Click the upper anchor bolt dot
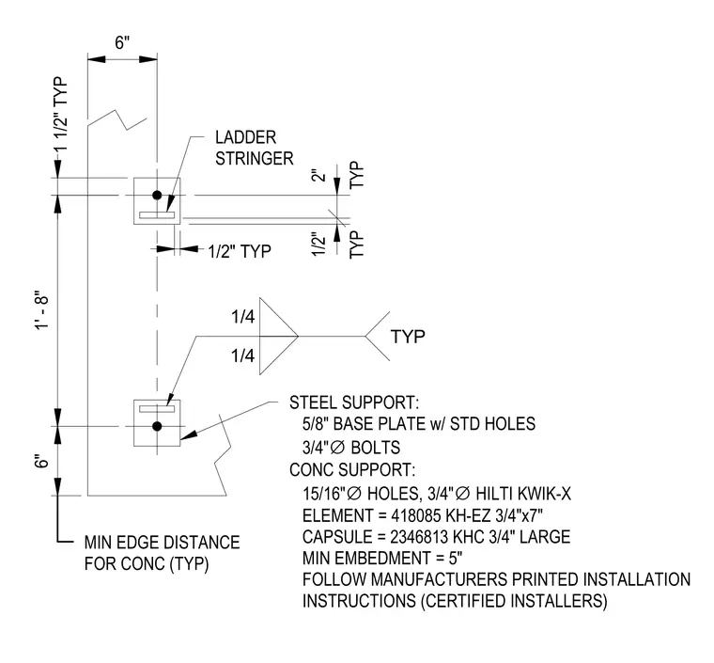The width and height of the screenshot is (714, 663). (x=157, y=195)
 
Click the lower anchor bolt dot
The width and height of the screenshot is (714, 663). (x=157, y=427)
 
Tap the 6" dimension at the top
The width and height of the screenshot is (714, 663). (x=122, y=43)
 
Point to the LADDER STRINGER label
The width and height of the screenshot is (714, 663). (x=254, y=148)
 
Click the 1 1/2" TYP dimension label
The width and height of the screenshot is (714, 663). (x=60, y=114)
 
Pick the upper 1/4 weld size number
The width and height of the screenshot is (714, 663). (x=242, y=317)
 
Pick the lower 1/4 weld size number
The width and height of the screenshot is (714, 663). (x=242, y=355)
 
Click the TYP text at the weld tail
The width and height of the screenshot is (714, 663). (x=408, y=337)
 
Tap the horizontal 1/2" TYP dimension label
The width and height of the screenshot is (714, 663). (x=240, y=251)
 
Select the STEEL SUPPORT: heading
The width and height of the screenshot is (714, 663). (x=354, y=403)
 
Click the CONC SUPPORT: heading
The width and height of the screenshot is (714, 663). (x=352, y=470)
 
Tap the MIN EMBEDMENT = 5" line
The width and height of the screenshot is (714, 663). (x=382, y=558)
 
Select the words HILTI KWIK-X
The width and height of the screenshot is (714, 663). (x=523, y=494)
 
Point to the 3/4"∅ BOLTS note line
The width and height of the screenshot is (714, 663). (x=351, y=448)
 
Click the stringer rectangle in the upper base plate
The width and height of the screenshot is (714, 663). (x=157, y=214)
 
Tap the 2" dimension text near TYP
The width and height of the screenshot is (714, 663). (x=320, y=176)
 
